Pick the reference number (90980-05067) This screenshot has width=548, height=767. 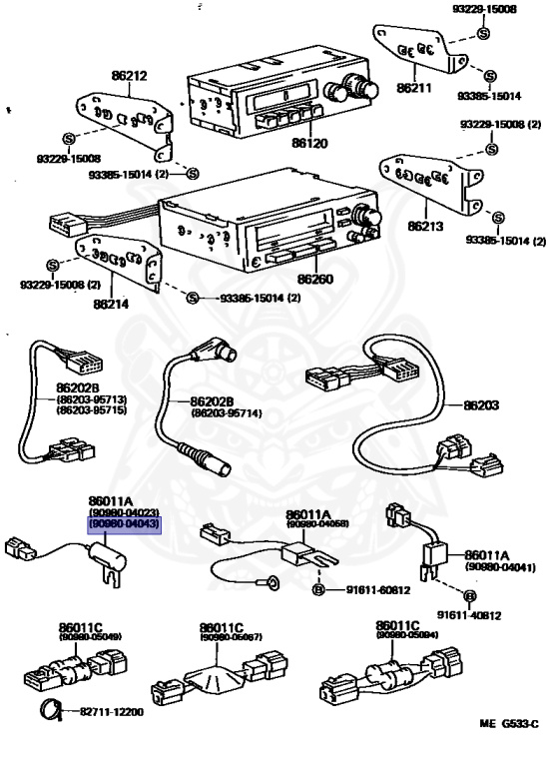pyautogui.click(x=231, y=636)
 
